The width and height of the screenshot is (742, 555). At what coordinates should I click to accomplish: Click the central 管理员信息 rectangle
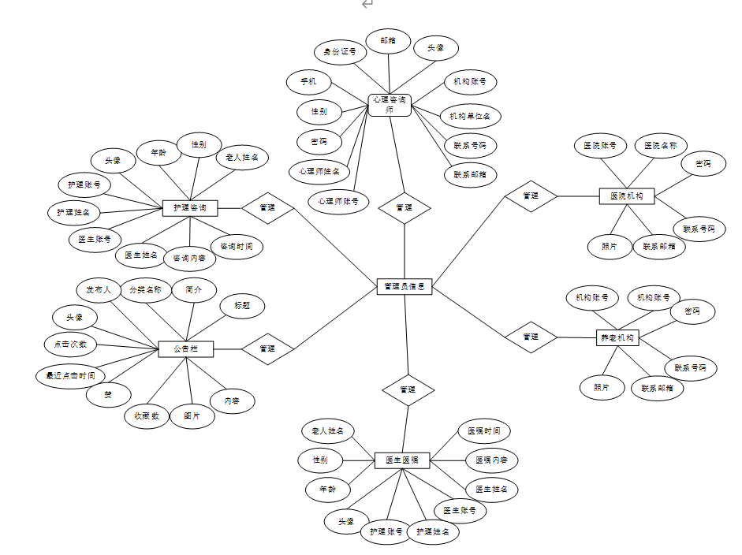click(x=404, y=288)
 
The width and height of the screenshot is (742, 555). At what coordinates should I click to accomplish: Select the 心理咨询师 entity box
click(x=390, y=105)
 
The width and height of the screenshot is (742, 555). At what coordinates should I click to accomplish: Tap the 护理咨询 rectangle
click(x=189, y=208)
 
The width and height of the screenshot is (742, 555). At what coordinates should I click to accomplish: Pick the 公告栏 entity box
click(x=186, y=348)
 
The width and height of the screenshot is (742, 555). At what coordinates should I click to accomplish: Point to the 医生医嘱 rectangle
click(x=401, y=460)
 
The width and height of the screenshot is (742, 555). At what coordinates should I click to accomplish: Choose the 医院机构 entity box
click(x=627, y=196)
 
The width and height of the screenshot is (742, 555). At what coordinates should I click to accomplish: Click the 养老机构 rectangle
click(x=617, y=337)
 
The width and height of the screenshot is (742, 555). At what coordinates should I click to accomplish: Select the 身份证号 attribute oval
click(x=340, y=54)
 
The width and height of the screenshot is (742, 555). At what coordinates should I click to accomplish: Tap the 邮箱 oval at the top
click(x=388, y=40)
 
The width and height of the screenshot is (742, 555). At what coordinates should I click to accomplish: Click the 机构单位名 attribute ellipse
click(x=470, y=116)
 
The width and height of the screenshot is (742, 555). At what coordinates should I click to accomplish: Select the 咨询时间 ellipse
click(x=236, y=247)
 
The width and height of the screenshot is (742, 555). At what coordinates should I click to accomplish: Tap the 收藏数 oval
click(x=147, y=415)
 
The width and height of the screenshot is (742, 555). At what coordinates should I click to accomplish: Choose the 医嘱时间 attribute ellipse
click(x=484, y=431)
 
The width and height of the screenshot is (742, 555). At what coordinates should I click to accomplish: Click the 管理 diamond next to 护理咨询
click(x=267, y=208)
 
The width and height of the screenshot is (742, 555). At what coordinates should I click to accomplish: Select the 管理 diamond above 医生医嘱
click(x=407, y=389)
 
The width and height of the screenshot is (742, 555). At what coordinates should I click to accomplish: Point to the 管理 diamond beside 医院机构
click(x=531, y=196)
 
